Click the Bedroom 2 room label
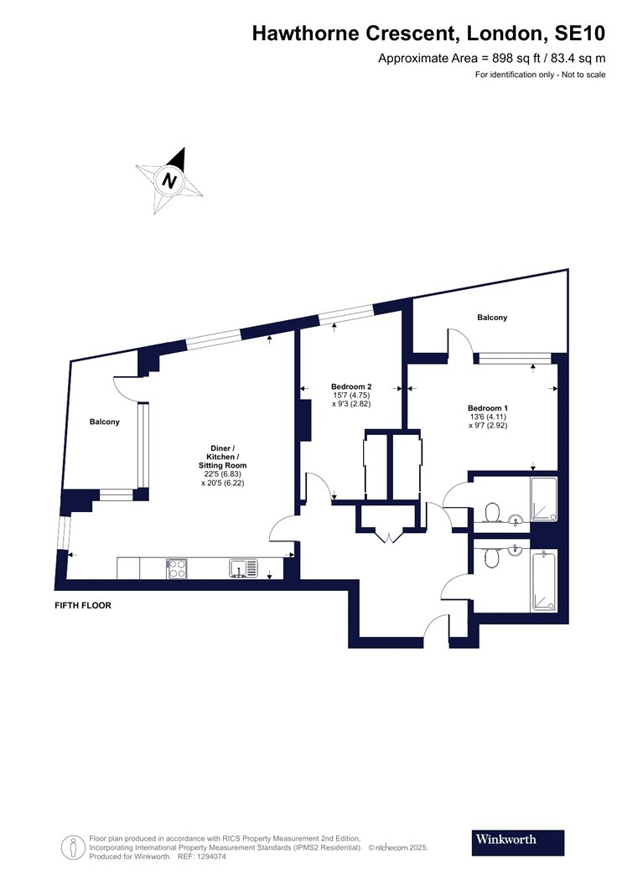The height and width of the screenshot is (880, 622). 351,386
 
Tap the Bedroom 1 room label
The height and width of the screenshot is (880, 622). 488,408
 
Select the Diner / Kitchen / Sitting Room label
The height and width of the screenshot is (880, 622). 223,457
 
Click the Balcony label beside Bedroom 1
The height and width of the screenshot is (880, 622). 492,318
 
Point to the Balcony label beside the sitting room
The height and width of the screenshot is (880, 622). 105,422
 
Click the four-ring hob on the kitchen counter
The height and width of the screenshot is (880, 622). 177,568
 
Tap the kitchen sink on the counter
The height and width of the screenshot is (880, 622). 244,568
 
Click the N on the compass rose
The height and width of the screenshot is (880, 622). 169,181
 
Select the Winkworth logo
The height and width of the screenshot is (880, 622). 517,842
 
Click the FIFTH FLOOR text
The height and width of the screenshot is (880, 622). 83,606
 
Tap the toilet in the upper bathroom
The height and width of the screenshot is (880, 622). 492,512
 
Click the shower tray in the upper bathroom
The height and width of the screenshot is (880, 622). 544,500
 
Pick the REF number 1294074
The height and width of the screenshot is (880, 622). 210,857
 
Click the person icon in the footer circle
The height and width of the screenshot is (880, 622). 74,847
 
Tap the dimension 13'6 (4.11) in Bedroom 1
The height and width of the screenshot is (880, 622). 488,417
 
